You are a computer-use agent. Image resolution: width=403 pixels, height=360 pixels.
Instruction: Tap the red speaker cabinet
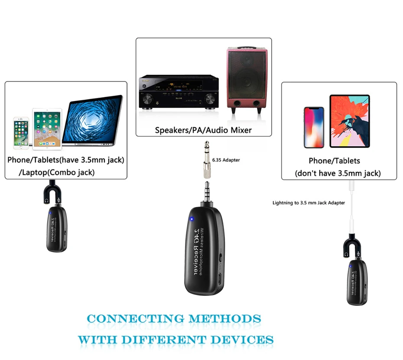(x=246, y=81)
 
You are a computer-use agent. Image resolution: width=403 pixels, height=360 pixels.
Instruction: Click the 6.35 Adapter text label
(x=226, y=160)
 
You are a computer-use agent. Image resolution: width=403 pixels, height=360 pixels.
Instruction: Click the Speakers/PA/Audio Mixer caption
(x=203, y=130)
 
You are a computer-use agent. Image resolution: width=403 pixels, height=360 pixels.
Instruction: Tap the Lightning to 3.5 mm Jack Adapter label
(x=309, y=202)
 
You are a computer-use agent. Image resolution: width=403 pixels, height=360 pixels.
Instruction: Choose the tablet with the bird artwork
(x=349, y=122)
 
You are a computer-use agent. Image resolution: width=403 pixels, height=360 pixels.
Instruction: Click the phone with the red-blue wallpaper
(x=313, y=127)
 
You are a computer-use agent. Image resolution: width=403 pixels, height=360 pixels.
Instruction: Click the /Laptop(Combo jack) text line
(x=57, y=172)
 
